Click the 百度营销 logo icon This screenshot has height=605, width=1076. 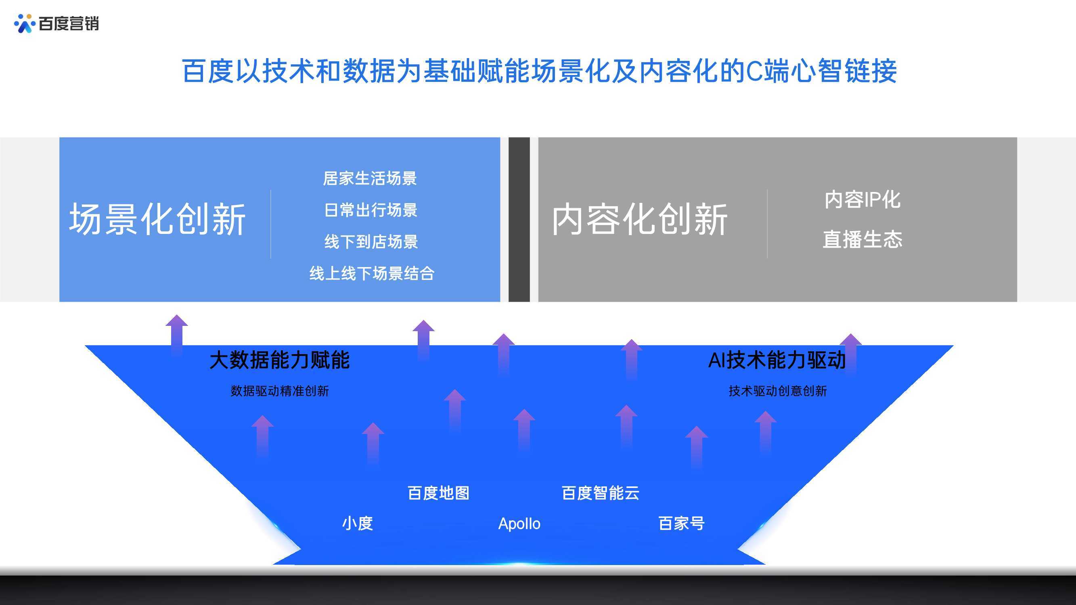click(24, 23)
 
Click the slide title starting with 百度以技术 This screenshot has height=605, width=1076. click(539, 71)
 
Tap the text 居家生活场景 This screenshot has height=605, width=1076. click(370, 178)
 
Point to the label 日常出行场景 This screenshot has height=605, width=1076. click(371, 210)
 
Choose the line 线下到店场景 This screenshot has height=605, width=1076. click(371, 242)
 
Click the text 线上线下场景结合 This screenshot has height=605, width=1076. click(372, 273)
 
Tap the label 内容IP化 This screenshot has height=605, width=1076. click(862, 200)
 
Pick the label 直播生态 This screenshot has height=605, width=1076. click(862, 240)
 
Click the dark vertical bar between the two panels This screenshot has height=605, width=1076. click(519, 219)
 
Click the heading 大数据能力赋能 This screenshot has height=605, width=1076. click(279, 360)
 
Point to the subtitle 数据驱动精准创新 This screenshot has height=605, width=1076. click(280, 391)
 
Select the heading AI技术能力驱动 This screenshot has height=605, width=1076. click(777, 360)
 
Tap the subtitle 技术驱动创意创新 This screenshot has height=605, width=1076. click(778, 391)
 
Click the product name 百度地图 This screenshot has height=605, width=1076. click(439, 493)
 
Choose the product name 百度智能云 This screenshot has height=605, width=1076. click(601, 493)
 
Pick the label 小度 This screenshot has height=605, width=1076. click(358, 524)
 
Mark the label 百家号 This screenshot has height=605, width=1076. click(682, 524)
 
